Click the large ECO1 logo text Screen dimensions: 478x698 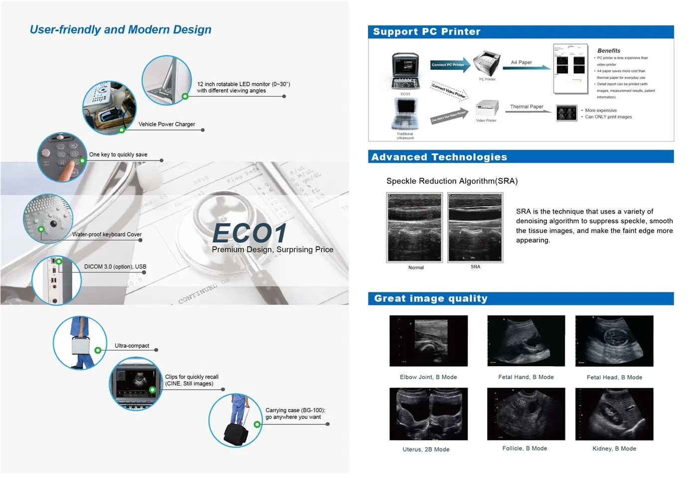(x=250, y=233)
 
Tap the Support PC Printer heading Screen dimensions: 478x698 (x=426, y=32)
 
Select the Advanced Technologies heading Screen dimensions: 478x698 (x=439, y=157)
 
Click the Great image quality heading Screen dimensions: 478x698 (x=430, y=298)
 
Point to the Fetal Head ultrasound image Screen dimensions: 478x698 (x=614, y=341)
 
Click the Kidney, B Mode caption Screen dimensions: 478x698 (x=614, y=449)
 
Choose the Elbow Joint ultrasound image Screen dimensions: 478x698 (x=428, y=341)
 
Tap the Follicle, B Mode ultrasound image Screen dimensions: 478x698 (x=525, y=414)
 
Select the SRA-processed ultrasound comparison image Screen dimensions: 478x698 (x=475, y=228)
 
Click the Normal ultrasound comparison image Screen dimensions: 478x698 (x=414, y=228)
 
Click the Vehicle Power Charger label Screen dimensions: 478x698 (x=167, y=124)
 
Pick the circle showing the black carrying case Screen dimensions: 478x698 (x=235, y=421)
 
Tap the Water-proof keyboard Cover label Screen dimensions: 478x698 (x=107, y=235)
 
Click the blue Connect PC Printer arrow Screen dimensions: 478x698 (x=449, y=65)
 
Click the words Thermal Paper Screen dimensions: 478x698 (x=526, y=107)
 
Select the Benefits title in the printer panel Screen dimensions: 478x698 (x=608, y=51)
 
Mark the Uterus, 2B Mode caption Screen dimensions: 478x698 (x=426, y=450)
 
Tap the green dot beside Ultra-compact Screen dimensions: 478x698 (x=98, y=350)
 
